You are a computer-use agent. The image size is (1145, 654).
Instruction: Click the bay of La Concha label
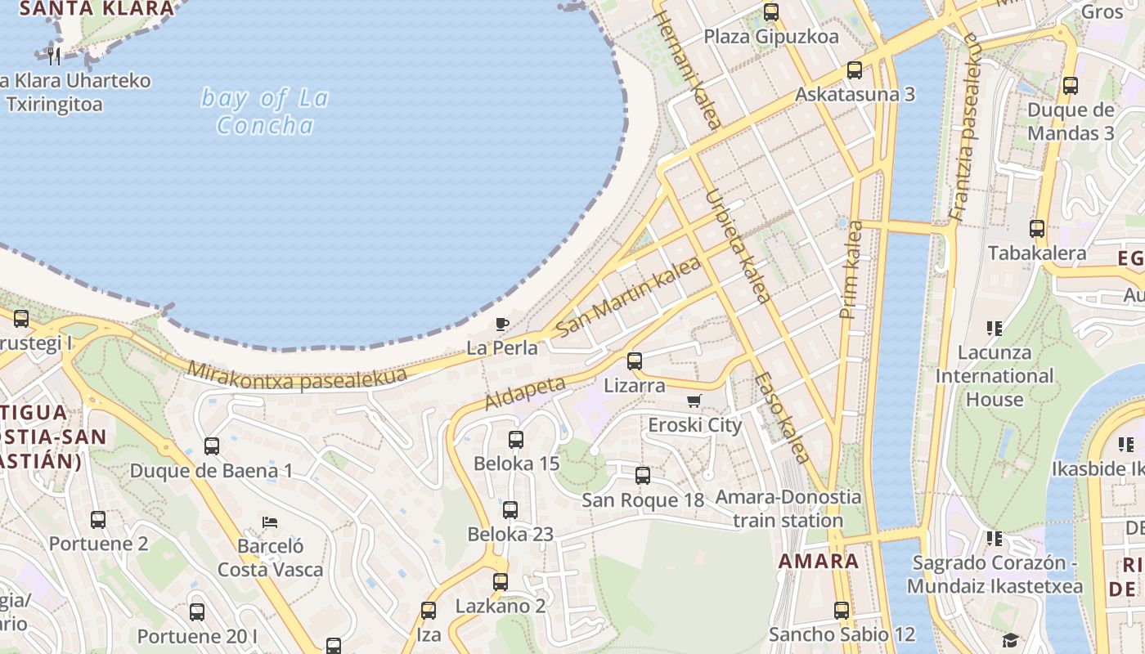pos(265,111)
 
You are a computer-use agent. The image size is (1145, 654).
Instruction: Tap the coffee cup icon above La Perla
pos(502,324)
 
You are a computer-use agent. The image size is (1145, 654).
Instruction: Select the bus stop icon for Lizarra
pos(634,361)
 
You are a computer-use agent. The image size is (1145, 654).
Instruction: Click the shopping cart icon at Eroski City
pos(694,401)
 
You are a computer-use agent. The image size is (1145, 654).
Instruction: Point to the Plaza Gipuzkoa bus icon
pos(771,12)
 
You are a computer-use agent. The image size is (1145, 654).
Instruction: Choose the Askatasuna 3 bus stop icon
pos(855,70)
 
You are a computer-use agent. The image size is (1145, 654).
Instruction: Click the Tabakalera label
pos(1037,253)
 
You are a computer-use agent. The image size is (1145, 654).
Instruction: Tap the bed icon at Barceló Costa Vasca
pos(270,522)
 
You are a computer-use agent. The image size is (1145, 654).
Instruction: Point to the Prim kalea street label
pos(851,270)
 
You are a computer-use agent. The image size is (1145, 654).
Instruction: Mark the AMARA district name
pos(819,562)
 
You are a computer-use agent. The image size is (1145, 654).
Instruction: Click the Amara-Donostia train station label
pos(788,508)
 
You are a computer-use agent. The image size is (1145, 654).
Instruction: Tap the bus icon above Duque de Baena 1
pos(212,446)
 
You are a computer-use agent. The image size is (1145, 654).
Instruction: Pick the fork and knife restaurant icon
pos(54,56)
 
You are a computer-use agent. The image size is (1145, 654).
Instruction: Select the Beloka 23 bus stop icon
pos(510,510)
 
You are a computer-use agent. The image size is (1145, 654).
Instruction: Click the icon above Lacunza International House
pos(995,329)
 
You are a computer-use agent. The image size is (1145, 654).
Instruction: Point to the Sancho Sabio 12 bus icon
pos(842,610)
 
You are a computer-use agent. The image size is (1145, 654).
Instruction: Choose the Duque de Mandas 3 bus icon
pos(1071,86)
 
